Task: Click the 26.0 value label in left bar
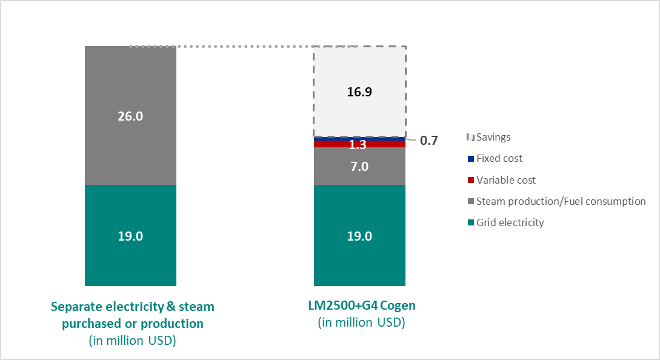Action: tap(130, 116)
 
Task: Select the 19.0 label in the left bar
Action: tap(130, 236)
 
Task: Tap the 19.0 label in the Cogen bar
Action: tap(359, 236)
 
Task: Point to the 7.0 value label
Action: tap(359, 166)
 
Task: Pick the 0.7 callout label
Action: tap(428, 141)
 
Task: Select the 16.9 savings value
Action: tap(359, 92)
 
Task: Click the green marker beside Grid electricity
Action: tap(471, 223)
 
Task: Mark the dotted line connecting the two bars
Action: tap(242, 46)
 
